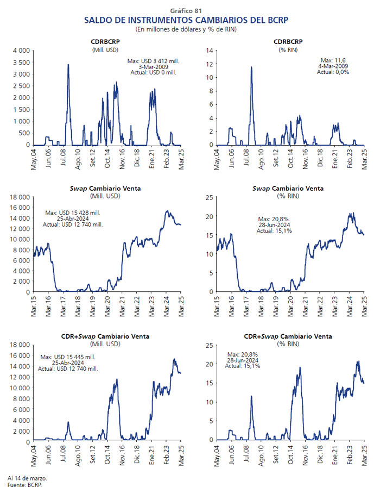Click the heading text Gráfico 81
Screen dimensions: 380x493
tap(186, 11)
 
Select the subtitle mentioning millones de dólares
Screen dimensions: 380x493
tap(186, 29)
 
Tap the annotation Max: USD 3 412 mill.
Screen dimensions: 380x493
tap(153, 61)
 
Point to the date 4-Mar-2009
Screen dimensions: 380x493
tap(333, 66)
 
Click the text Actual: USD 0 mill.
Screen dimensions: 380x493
tap(154, 72)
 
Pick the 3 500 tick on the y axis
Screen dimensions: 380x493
tap(21, 63)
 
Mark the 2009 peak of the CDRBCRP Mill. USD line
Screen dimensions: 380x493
tap(68, 65)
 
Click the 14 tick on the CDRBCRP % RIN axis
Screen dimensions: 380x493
tap(210, 51)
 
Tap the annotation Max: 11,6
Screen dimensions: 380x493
tap(333, 60)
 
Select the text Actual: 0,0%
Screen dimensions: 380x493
tap(333, 72)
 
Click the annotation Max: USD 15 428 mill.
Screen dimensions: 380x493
tap(73, 213)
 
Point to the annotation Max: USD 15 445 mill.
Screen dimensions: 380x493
tap(68, 357)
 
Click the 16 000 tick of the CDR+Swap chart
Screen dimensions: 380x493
tap(20, 355)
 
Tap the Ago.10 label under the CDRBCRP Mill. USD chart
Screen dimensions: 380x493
tap(78, 159)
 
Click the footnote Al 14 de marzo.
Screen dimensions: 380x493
tap(27, 478)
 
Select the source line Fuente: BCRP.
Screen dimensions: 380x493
tap(25, 485)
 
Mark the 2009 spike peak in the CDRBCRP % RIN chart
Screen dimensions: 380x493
tap(251, 67)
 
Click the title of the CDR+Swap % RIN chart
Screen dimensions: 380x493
tap(288, 336)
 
